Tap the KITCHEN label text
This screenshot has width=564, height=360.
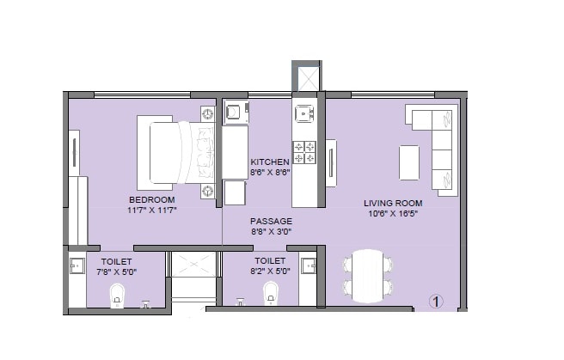[x=270, y=162]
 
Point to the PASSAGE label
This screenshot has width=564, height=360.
[x=271, y=221]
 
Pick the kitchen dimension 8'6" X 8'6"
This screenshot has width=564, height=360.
[x=270, y=172]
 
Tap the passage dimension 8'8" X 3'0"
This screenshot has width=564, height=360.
[x=271, y=231]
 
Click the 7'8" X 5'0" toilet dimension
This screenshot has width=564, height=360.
[x=118, y=271]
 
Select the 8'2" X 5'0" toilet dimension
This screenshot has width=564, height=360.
[x=271, y=271]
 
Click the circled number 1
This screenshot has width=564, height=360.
[x=437, y=302]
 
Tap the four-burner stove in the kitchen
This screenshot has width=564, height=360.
[x=304, y=151]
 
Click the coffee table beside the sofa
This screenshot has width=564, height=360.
[x=409, y=162]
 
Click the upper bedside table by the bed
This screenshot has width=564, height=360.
[x=207, y=113]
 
